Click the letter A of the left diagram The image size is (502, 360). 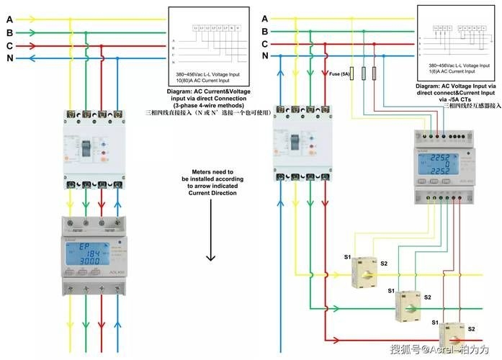pyautogui.click(x=9, y=19)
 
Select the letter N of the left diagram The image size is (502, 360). pyautogui.click(x=9, y=58)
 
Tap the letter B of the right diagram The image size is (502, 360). pyautogui.click(x=265, y=31)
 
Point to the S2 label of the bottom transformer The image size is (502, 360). pyautogui.click(x=471, y=328)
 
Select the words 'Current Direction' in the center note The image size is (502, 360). pyautogui.click(x=211, y=193)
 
